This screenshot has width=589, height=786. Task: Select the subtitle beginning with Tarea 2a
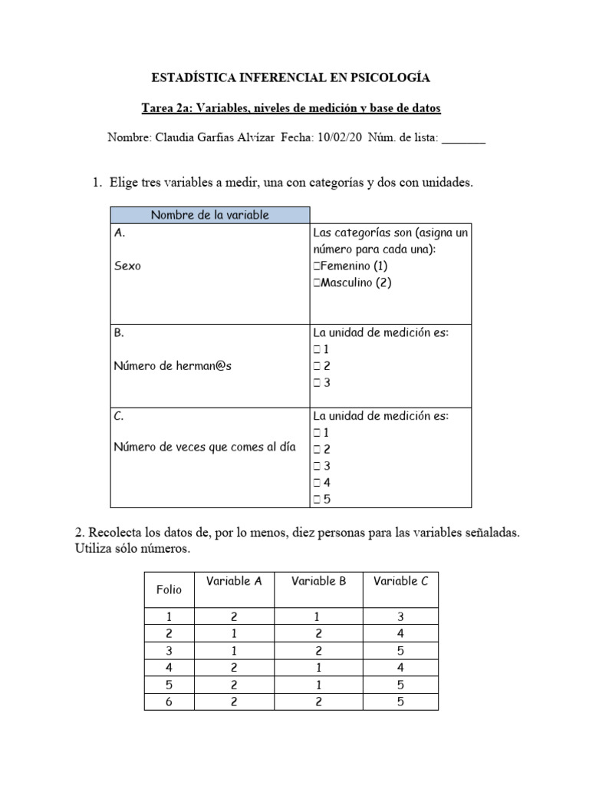coord(294,108)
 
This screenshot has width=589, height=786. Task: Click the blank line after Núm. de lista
coord(463,140)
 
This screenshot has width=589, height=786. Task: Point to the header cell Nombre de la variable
coord(210,215)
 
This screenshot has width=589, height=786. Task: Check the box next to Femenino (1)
coord(317,266)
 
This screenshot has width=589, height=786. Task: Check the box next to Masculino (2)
coord(317,282)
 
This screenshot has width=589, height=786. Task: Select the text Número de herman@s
coord(173,366)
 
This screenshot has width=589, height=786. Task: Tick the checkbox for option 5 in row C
coord(317,499)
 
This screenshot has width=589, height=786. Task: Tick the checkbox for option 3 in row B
coord(317,383)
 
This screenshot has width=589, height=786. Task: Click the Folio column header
coord(169,589)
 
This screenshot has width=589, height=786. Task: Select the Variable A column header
coord(234,581)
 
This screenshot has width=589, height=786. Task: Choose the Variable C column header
coord(400,581)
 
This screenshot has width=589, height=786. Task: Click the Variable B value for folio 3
coord(319,651)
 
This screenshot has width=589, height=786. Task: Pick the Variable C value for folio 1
coord(400,617)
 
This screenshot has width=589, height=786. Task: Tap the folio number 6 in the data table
coord(169,702)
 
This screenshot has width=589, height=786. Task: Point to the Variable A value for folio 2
coord(234,634)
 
